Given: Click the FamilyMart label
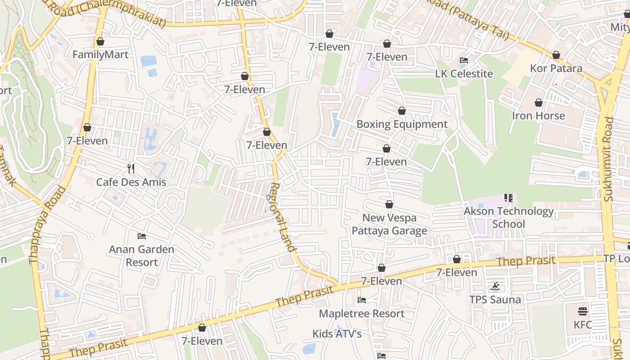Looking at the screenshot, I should click(x=100, y=55).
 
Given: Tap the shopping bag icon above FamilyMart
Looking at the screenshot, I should click(x=100, y=41).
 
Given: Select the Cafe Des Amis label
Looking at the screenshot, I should click(x=131, y=182).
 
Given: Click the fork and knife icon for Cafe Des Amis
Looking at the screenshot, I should click(x=131, y=169).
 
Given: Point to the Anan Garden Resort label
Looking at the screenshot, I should click(x=142, y=256).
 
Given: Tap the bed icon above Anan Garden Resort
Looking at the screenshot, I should click(x=142, y=236).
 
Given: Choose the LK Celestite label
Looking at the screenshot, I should click(x=464, y=74).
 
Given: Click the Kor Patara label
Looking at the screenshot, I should click(x=556, y=68).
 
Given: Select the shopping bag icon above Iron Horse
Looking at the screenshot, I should click(x=539, y=103).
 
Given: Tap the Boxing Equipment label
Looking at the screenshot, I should click(x=402, y=124).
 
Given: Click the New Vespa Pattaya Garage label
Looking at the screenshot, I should click(x=389, y=224).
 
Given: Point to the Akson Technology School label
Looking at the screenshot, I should click(x=508, y=217).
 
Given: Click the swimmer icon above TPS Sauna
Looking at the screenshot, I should click(x=495, y=286).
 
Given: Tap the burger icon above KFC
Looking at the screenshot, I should click(x=583, y=311).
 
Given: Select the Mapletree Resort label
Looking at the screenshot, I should click(x=361, y=314).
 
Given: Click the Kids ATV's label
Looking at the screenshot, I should click(x=337, y=334).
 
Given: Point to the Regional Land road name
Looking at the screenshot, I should click(x=283, y=217).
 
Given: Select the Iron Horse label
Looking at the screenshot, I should click(x=538, y=116).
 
